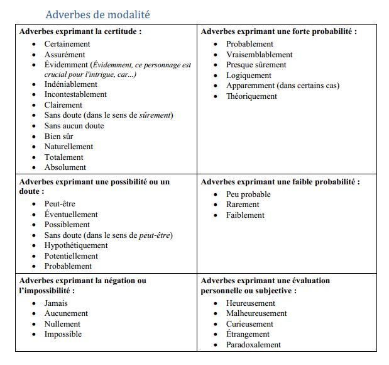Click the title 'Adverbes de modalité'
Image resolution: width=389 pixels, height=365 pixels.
[97, 13]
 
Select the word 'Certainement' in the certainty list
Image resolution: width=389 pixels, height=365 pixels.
[67, 44]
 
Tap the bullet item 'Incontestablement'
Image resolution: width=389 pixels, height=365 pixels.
[75, 94]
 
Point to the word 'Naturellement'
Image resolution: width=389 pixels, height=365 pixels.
[68, 147]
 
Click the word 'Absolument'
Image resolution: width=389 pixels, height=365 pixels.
[65, 167]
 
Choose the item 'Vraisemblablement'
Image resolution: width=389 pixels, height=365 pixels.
[260, 55]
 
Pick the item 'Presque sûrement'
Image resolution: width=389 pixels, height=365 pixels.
[256, 65]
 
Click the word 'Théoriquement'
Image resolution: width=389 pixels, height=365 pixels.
[252, 96]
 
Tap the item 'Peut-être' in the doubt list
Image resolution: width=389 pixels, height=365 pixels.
[60, 204]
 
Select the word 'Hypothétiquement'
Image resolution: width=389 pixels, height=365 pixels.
[76, 245]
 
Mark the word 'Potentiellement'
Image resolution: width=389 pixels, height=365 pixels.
[71, 256]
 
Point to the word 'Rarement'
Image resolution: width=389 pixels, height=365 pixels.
[243, 205]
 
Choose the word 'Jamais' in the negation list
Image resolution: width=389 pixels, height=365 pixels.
[56, 303]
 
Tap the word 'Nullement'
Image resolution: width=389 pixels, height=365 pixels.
[63, 324]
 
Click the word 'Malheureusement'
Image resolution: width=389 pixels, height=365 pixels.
[256, 313]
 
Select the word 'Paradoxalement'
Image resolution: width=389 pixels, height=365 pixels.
[254, 345]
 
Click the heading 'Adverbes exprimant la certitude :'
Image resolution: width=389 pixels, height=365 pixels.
[80, 31]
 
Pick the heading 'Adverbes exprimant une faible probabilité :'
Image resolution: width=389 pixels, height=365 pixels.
[280, 181]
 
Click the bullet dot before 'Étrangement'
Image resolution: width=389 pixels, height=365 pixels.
[216, 335]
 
